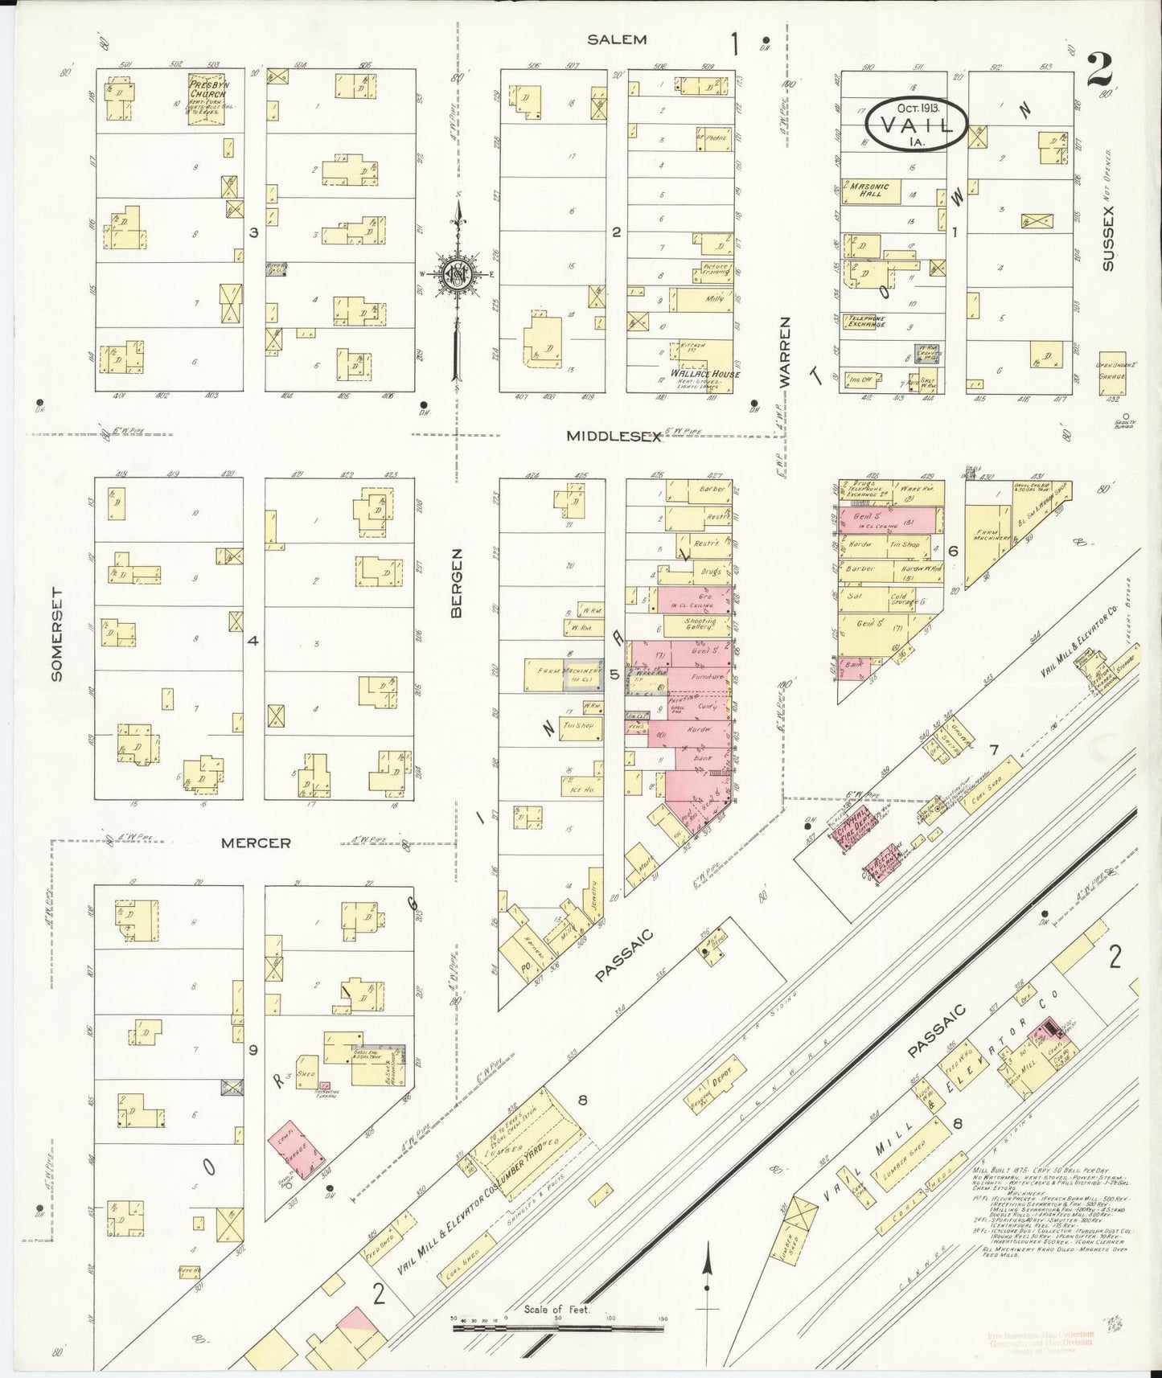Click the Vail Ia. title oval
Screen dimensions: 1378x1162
(x=916, y=125)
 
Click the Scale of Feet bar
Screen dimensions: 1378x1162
(x=558, y=1327)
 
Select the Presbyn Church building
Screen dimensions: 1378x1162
(x=207, y=100)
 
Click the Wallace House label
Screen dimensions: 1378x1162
(x=705, y=374)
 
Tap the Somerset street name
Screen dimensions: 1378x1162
(x=56, y=634)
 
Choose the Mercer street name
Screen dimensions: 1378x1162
(x=256, y=843)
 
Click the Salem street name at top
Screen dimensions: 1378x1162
(x=617, y=39)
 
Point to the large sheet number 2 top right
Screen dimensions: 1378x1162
(x=1098, y=69)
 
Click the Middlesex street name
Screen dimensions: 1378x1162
(x=613, y=436)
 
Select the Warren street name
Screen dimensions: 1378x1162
(x=786, y=351)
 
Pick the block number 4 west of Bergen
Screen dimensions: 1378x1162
(x=253, y=641)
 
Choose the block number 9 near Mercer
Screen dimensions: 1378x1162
(x=253, y=1049)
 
